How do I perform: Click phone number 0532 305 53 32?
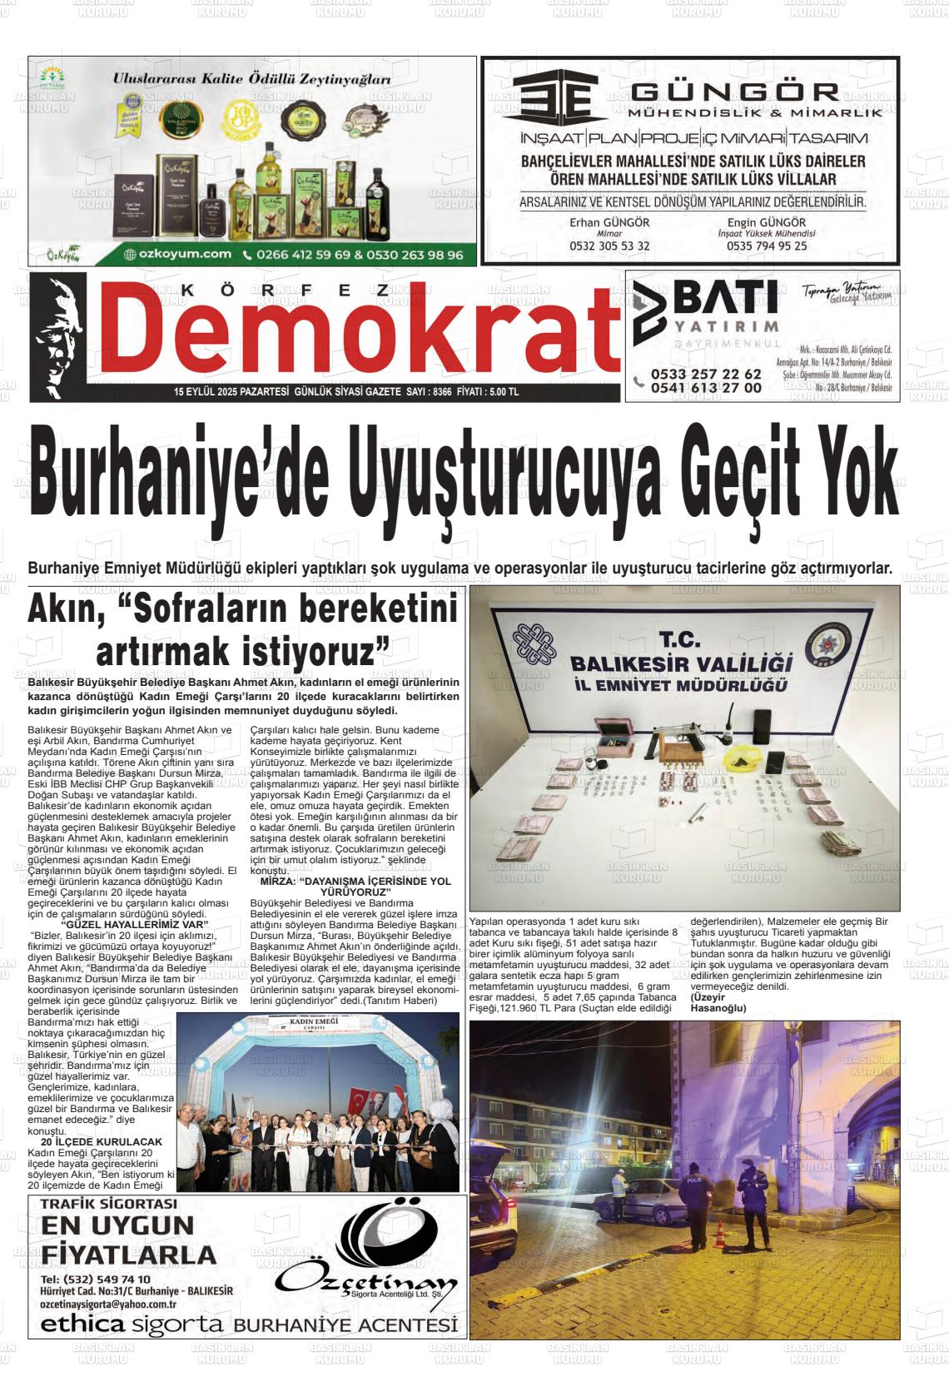click(x=609, y=246)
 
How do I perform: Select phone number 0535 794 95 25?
click(x=766, y=246)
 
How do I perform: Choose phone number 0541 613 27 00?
click(x=706, y=388)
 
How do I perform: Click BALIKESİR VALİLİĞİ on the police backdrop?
click(x=679, y=663)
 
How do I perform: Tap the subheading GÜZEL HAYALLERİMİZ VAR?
click(x=136, y=924)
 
